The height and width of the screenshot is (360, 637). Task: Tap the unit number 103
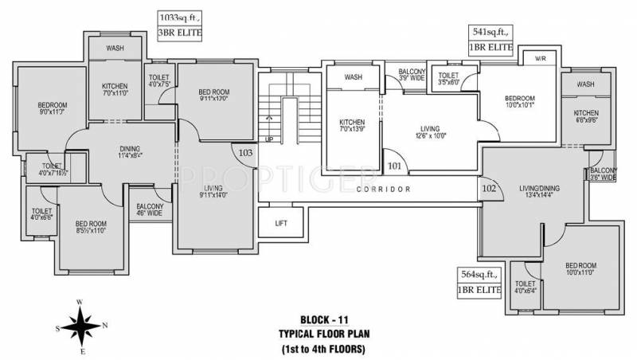point(245,151)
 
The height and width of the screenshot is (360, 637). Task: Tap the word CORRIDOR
point(383,190)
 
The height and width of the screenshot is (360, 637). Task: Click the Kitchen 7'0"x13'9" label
point(352,126)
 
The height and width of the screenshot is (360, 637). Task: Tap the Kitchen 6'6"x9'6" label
point(586,118)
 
